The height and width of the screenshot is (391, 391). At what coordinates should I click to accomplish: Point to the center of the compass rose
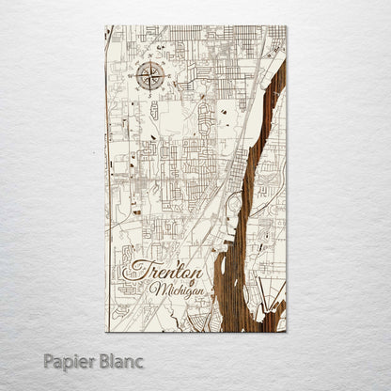(x=150, y=74)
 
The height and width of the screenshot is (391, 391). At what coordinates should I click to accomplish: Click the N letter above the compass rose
(x=150, y=57)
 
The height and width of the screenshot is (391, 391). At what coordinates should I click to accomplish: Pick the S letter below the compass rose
(x=150, y=92)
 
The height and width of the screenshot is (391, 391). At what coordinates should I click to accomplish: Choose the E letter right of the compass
(x=168, y=75)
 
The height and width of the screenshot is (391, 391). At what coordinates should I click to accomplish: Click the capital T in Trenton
(x=133, y=269)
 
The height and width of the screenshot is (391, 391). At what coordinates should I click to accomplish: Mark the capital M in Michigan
(x=156, y=288)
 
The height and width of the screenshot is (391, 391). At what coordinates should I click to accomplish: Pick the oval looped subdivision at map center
(x=203, y=118)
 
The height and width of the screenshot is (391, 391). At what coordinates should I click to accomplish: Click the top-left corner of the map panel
(x=106, y=26)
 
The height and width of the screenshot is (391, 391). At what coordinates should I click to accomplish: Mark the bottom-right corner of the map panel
(x=286, y=332)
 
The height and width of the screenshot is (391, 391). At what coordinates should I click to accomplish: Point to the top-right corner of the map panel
(x=286, y=26)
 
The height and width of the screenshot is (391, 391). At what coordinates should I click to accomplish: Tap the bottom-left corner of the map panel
(x=106, y=332)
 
